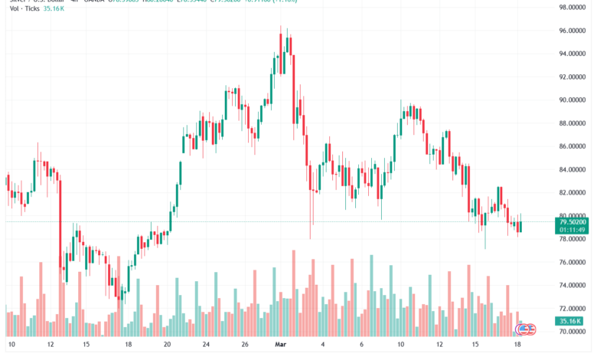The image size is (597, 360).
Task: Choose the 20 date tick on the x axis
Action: (167, 345)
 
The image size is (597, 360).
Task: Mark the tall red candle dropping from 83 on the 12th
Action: (60, 222)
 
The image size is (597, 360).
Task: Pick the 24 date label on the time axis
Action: (206, 345)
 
